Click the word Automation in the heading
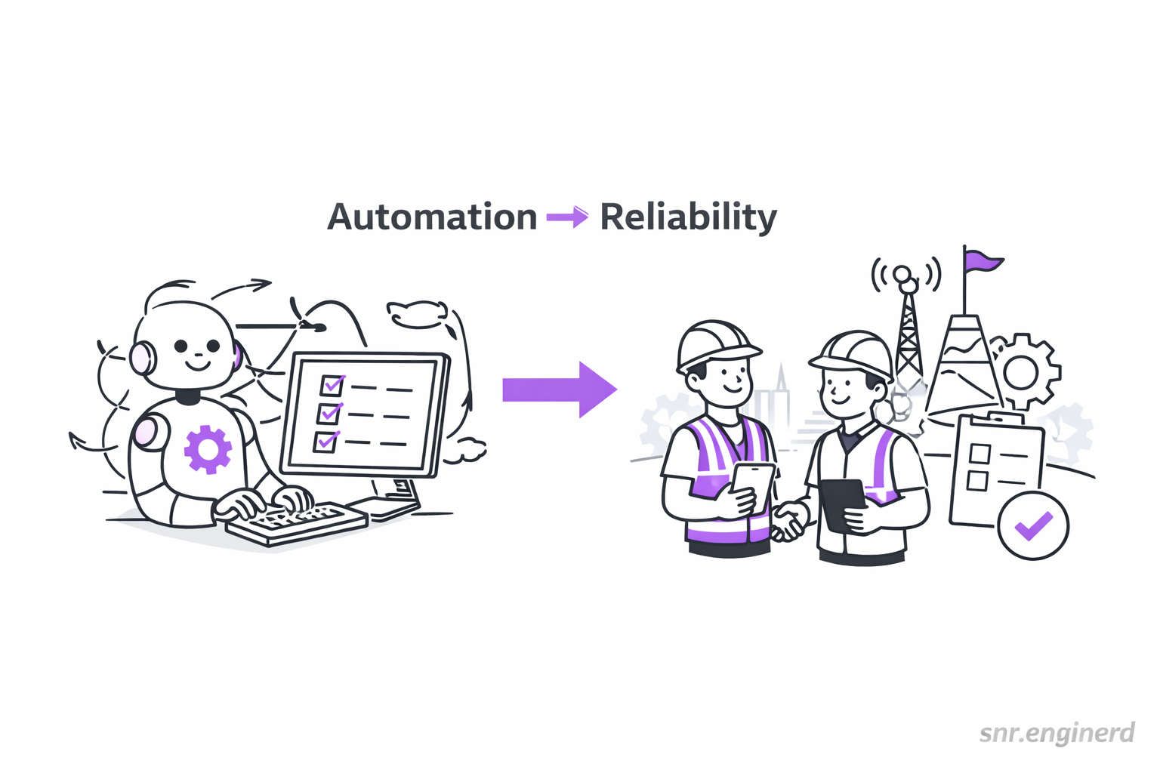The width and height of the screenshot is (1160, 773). click(x=432, y=217)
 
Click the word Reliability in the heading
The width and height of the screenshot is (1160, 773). click(x=688, y=217)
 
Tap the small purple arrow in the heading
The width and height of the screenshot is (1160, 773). click(x=567, y=217)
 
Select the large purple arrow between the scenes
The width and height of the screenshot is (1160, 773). click(x=560, y=390)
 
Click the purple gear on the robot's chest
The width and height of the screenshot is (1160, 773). click(x=208, y=449)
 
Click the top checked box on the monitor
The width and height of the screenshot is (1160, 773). click(x=332, y=385)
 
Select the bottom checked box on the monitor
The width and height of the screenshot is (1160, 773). click(x=326, y=440)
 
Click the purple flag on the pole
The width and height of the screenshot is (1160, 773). click(x=982, y=261)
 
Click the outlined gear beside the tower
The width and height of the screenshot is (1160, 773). click(x=1023, y=371)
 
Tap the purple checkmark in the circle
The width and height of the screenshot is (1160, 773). click(x=1033, y=525)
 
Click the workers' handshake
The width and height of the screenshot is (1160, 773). click(x=788, y=521)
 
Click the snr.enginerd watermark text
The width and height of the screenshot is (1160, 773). click(x=1057, y=733)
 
